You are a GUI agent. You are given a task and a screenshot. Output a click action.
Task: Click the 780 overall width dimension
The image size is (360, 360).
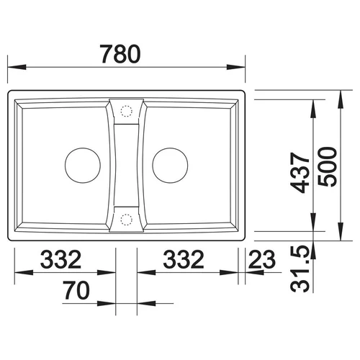[120, 54]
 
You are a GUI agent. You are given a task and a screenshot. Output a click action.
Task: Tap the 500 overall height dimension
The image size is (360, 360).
[328, 167]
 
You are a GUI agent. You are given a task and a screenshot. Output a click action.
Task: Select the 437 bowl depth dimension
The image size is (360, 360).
[300, 173]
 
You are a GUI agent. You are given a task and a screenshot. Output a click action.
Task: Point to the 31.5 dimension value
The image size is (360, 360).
[300, 269]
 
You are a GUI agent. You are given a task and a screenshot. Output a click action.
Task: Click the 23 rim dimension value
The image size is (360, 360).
[262, 259]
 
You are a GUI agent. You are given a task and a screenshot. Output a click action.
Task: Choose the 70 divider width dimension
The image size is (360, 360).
[76, 290]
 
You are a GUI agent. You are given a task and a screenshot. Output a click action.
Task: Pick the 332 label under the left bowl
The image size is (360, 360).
[60, 259]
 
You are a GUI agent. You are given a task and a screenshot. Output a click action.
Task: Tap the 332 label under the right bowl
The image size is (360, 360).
[184, 259]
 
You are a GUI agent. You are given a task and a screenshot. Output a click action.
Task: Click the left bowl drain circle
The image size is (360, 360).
[83, 166]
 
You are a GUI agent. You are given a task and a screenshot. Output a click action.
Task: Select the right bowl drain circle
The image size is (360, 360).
[170, 166]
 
